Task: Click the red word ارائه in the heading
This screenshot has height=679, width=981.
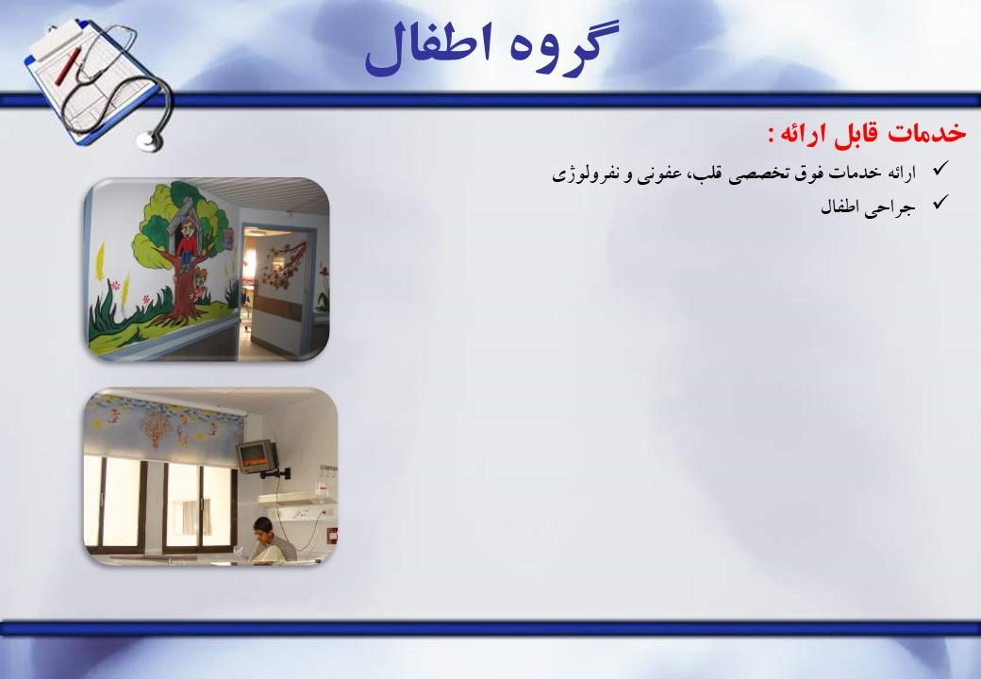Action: pos(804,133)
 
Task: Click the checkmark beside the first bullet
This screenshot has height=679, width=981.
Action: pos(939,170)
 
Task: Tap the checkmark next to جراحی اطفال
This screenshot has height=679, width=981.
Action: pos(939,203)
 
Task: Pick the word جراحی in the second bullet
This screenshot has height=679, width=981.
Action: pos(895,207)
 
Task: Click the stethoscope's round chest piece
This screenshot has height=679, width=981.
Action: pos(148,141)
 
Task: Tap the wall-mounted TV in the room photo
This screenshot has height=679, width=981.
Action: pos(255,456)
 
